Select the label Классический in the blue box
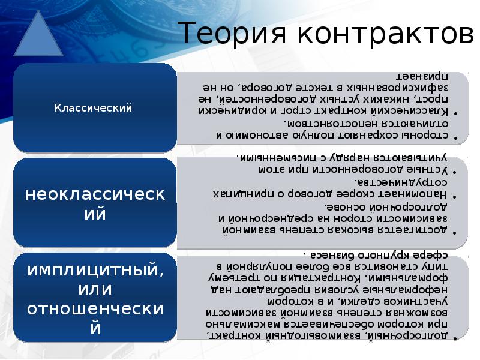click(x=94, y=108)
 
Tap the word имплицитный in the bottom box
click(x=94, y=269)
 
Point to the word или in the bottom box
click(x=94, y=289)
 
